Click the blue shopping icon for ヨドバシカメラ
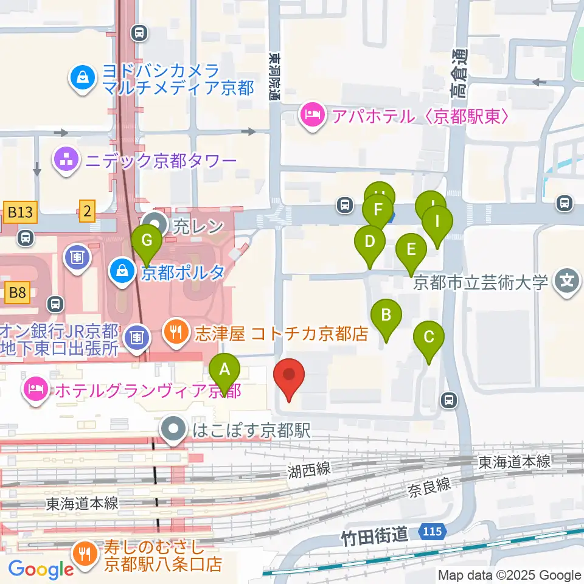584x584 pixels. (81, 78)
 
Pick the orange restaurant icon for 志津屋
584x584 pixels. (176, 333)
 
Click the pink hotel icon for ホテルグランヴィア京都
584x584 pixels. (34, 389)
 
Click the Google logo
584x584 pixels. (41, 569)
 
